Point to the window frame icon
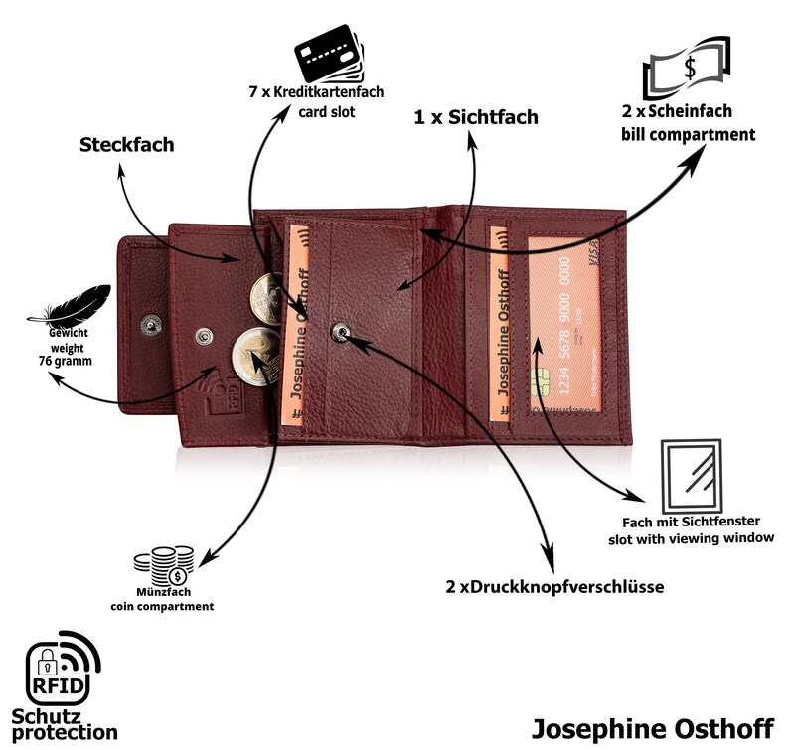691,473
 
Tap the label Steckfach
126,145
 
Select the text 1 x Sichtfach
476,117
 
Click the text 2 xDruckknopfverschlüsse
554,587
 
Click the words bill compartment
688,135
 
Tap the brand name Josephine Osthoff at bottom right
653,727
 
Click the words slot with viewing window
691,538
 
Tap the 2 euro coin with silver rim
251,354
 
